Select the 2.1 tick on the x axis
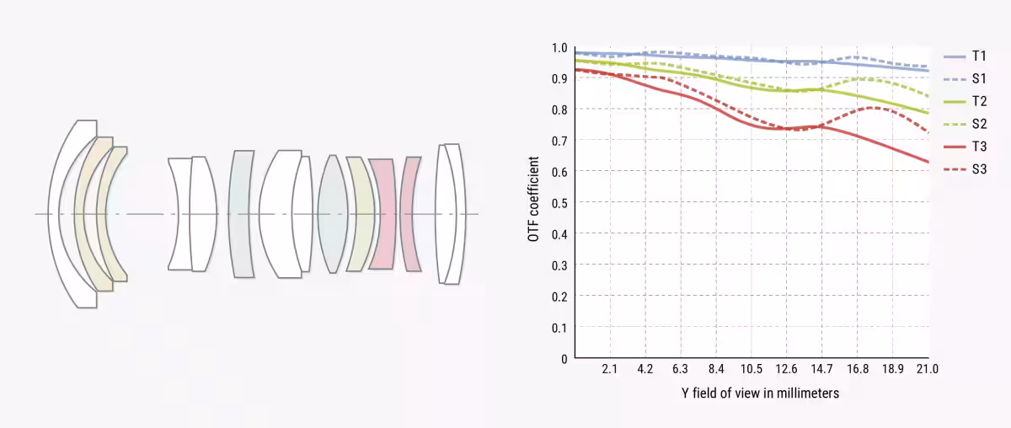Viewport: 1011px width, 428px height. [x=610, y=370]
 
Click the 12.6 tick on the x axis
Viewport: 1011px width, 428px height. [x=786, y=370]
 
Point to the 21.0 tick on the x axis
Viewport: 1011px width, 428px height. [x=928, y=370]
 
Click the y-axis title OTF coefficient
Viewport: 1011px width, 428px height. [x=533, y=198]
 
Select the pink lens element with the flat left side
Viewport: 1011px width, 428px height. [x=382, y=214]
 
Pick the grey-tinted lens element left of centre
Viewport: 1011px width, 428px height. [x=241, y=214]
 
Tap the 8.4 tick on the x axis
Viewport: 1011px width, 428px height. [x=715, y=370]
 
